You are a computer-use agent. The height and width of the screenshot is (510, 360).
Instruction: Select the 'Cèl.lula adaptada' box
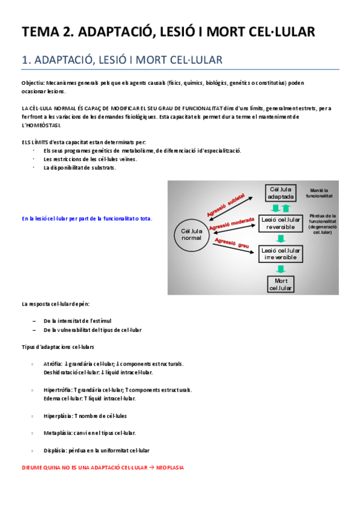coord(281,193)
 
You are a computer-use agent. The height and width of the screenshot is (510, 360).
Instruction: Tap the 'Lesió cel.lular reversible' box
coord(281,223)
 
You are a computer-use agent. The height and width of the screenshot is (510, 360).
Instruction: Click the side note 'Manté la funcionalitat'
coord(319,192)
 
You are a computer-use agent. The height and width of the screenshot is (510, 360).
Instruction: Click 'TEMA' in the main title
coord(40,32)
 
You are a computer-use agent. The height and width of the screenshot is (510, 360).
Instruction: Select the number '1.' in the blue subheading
coord(26,60)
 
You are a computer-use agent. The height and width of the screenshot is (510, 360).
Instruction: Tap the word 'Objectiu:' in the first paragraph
coord(33,82)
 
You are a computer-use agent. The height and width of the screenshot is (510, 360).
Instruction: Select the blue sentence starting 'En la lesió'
coord(87,219)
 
